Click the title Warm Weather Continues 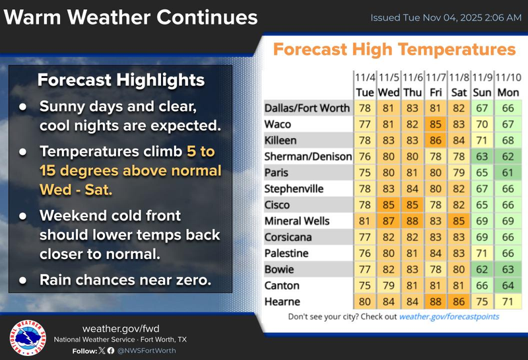point(130,17)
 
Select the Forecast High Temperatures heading point(394,50)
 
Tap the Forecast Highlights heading point(121,81)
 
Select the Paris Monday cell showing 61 point(507,172)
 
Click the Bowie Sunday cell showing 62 point(482,270)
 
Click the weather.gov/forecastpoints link point(449,316)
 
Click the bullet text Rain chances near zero point(125,280)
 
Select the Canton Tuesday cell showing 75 point(364,285)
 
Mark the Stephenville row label point(294,189)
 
